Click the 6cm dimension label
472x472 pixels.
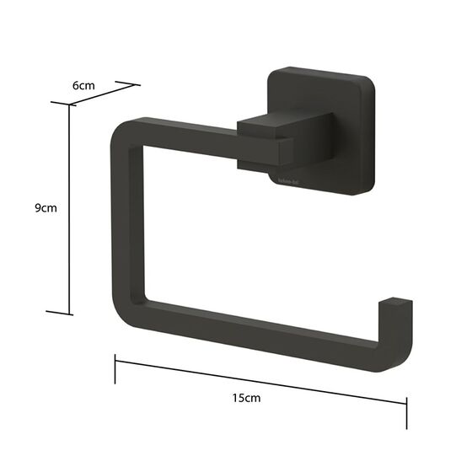83,86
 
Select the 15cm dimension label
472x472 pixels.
249,398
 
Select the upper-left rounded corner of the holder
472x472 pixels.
122,135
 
